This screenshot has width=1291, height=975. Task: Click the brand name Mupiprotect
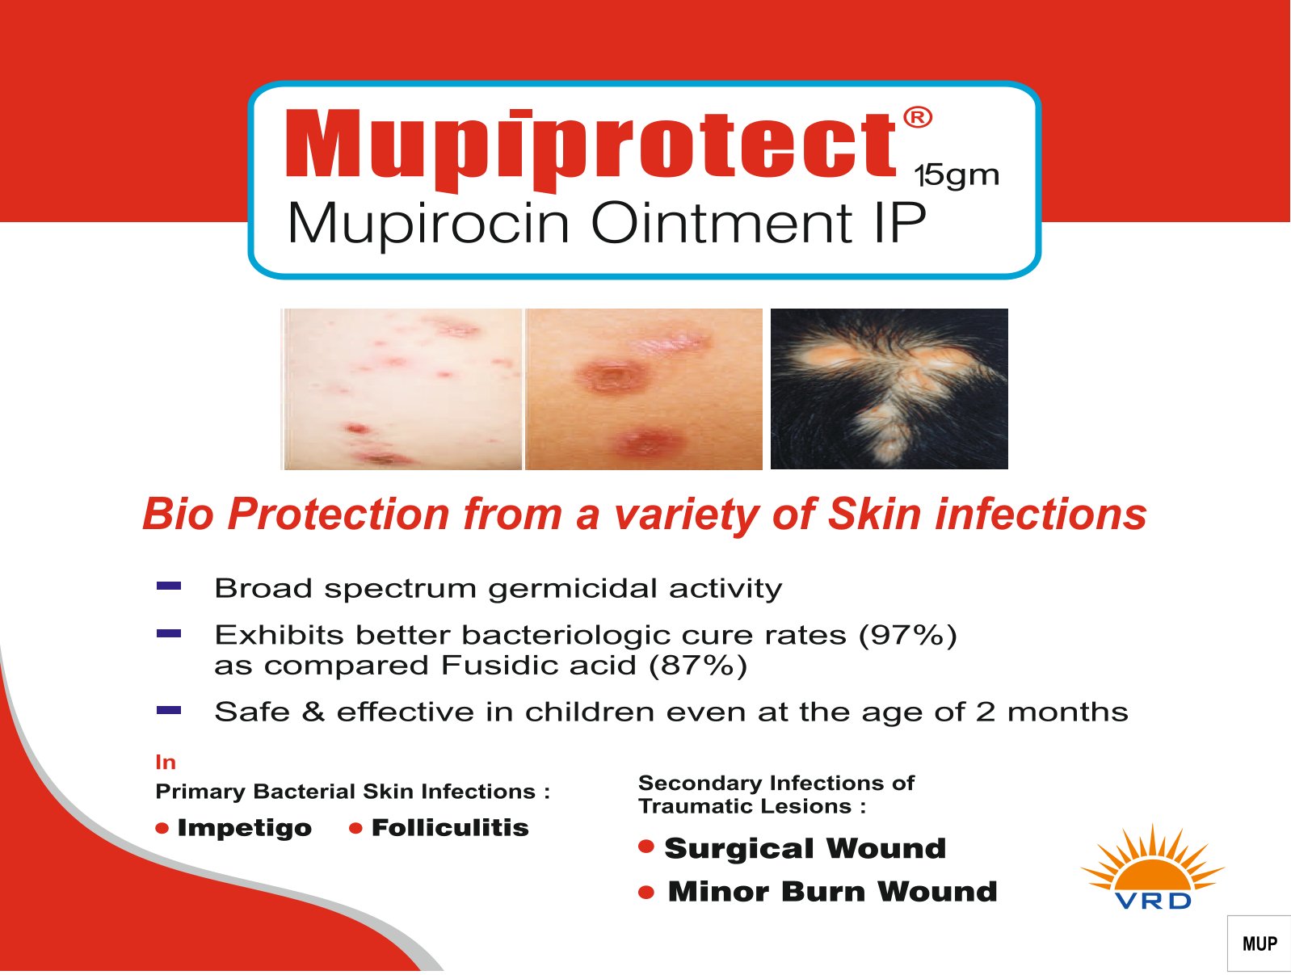(591, 149)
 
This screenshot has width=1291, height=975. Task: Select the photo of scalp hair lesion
(889, 389)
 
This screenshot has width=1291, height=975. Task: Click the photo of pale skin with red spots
(402, 389)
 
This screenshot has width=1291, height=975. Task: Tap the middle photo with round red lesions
(643, 389)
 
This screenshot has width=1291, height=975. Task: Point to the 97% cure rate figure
(907, 635)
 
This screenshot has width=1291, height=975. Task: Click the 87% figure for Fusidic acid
(697, 666)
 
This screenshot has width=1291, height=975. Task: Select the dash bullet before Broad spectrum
(168, 586)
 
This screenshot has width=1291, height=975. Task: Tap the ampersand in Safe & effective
(313, 712)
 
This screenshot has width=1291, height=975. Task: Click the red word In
(166, 762)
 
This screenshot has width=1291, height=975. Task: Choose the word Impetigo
(244, 829)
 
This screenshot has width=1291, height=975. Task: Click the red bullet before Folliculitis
(355, 829)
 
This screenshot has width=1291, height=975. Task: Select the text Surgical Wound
(805, 848)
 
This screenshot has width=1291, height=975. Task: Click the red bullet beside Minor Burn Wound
(645, 893)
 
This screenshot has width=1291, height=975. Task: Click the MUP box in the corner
(1259, 943)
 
